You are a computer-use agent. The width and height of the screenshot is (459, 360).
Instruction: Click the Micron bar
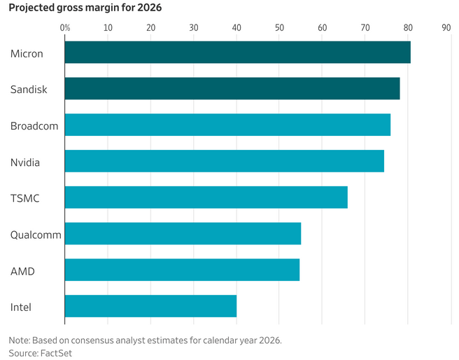click(x=238, y=52)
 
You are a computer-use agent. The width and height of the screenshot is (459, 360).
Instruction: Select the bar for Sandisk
click(x=232, y=88)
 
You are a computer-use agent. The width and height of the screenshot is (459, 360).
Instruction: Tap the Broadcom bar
click(x=227, y=125)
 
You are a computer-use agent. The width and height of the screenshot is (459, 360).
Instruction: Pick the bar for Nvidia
click(x=225, y=161)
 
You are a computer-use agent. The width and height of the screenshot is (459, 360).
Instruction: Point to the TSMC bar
click(x=206, y=198)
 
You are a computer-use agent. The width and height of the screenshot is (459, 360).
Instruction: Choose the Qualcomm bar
click(x=183, y=233)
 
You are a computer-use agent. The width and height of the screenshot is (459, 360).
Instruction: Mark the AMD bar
click(x=183, y=270)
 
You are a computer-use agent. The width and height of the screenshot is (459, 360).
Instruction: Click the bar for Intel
click(x=150, y=306)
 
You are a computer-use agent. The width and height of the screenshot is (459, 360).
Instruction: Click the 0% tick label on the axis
click(x=65, y=28)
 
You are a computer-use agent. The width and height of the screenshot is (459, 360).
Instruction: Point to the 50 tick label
click(x=279, y=28)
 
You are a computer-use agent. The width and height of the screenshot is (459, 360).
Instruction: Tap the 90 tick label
click(x=446, y=28)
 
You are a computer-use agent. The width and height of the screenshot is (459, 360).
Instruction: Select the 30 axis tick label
click(x=194, y=28)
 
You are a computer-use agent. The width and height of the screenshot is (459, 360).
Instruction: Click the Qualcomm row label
click(x=36, y=235)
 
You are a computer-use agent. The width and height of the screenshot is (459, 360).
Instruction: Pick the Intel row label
click(x=21, y=307)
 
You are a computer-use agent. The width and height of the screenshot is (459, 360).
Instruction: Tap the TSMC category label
click(x=25, y=198)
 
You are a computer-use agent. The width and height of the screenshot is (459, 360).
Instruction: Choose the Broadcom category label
click(x=34, y=126)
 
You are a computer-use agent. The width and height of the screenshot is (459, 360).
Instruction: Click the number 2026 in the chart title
click(x=149, y=8)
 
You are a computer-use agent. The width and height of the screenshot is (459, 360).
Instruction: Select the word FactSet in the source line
click(x=56, y=353)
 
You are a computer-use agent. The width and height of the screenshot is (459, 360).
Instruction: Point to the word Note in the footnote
click(x=19, y=340)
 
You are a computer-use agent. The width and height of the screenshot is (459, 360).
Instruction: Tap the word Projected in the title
click(x=31, y=8)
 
